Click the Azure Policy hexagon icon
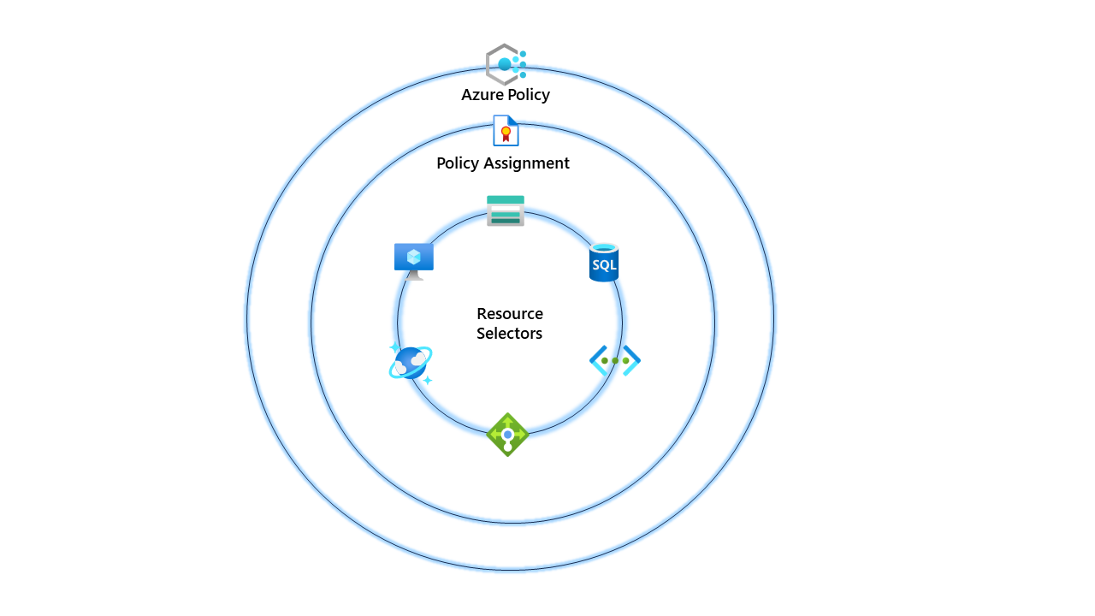505,64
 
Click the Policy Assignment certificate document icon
506,131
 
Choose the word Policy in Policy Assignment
458,163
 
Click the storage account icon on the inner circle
506,210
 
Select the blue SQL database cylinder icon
604,263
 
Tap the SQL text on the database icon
604,265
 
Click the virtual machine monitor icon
414,260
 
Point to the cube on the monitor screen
414,256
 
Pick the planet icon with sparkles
411,363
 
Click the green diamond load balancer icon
507,435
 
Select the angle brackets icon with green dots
615,360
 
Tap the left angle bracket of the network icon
596,360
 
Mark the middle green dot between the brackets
615,360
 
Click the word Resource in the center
510,314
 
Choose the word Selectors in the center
510,334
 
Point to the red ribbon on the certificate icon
506,135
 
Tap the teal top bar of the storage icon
506,200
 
